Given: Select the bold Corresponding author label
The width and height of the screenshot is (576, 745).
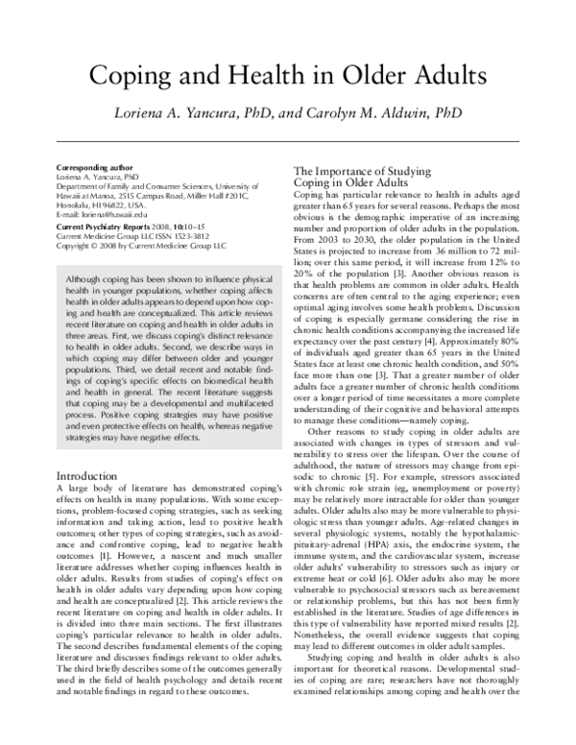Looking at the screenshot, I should (x=93, y=165).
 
